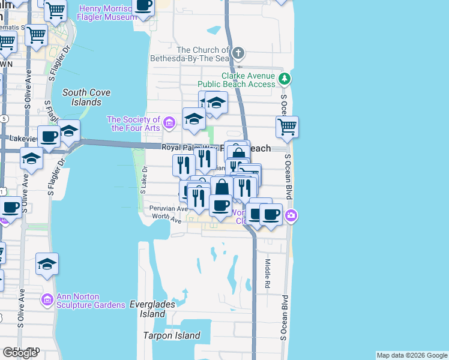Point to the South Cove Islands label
tap(82, 97)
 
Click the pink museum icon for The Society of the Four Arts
tap(169, 124)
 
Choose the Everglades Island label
tap(152, 309)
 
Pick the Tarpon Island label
tap(171, 335)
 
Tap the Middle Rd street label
tap(268, 273)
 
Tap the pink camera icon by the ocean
tap(291, 216)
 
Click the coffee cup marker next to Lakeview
tap(49, 136)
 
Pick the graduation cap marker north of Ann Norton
tap(47, 264)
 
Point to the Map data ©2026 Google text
tap(411, 355)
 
